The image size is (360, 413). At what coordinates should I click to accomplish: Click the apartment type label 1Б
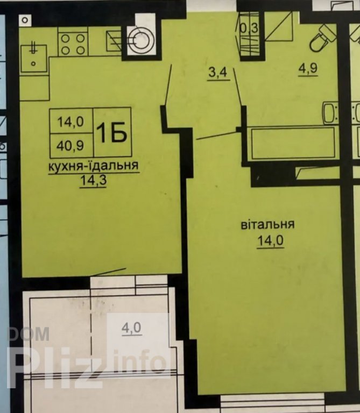(112, 132)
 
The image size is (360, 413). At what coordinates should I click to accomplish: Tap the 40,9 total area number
(70, 145)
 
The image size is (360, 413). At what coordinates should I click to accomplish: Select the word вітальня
(267, 225)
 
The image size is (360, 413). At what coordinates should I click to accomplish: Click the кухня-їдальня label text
(93, 166)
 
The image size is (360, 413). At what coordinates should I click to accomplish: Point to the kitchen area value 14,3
(93, 181)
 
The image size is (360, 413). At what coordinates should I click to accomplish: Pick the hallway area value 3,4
(218, 72)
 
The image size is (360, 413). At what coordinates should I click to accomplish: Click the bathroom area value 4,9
(308, 68)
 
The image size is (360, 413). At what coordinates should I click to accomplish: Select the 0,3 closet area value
(249, 28)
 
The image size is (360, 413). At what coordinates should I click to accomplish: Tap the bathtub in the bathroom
(292, 143)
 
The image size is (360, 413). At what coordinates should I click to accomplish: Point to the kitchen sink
(34, 58)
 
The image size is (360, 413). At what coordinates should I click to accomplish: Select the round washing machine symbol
(139, 40)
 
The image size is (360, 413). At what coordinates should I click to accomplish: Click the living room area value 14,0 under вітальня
(270, 241)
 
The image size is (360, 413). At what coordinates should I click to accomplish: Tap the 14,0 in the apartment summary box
(70, 122)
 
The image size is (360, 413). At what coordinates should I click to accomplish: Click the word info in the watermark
(139, 361)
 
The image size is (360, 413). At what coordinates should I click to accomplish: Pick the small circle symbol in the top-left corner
(25, 20)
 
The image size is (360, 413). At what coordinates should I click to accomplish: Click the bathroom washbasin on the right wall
(329, 113)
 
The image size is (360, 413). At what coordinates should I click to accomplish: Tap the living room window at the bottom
(272, 403)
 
